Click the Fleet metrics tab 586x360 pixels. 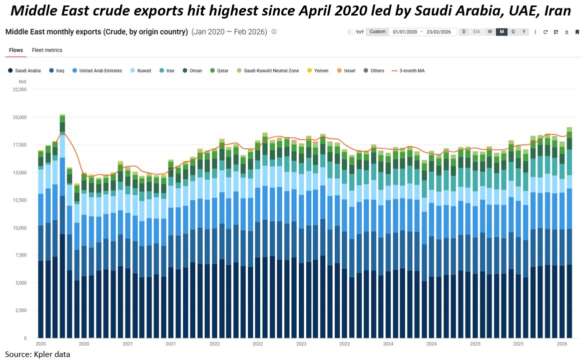coord(47,50)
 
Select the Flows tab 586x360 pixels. coord(16,50)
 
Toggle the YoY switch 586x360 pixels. coord(351,32)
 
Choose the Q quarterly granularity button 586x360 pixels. coord(513,31)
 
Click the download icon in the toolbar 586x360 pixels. coord(567,32)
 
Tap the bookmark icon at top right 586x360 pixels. coord(578,32)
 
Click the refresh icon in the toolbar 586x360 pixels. coord(546,32)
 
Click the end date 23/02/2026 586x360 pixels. coord(439,32)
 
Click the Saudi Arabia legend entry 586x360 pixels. coord(24,71)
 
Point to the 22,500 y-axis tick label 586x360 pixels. coord(19,89)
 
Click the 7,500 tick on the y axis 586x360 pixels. coord(20,255)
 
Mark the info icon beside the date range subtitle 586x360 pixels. coord(274,31)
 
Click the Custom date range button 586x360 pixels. coord(378,32)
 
